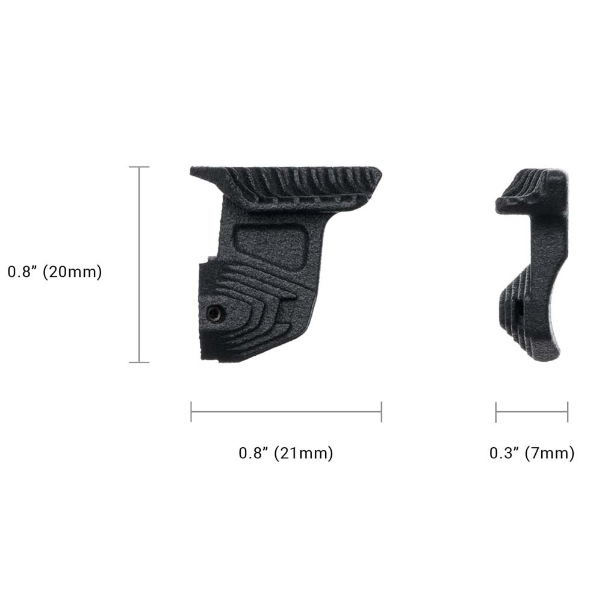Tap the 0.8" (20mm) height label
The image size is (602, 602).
click(55, 272)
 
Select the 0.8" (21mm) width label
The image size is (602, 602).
click(286, 453)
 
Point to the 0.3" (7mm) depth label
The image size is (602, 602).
click(532, 453)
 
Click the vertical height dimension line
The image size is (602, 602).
click(140, 265)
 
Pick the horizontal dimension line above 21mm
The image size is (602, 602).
click(286, 412)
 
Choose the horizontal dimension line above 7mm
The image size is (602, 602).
click(532, 412)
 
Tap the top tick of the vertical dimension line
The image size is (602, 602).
click(140, 167)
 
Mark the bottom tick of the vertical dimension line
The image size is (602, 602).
click(140, 362)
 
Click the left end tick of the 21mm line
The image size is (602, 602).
click(191, 412)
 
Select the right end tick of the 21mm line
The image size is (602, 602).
click(381, 412)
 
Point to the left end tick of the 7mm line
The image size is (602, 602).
click(496, 412)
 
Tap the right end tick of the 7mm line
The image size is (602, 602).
click(567, 412)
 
